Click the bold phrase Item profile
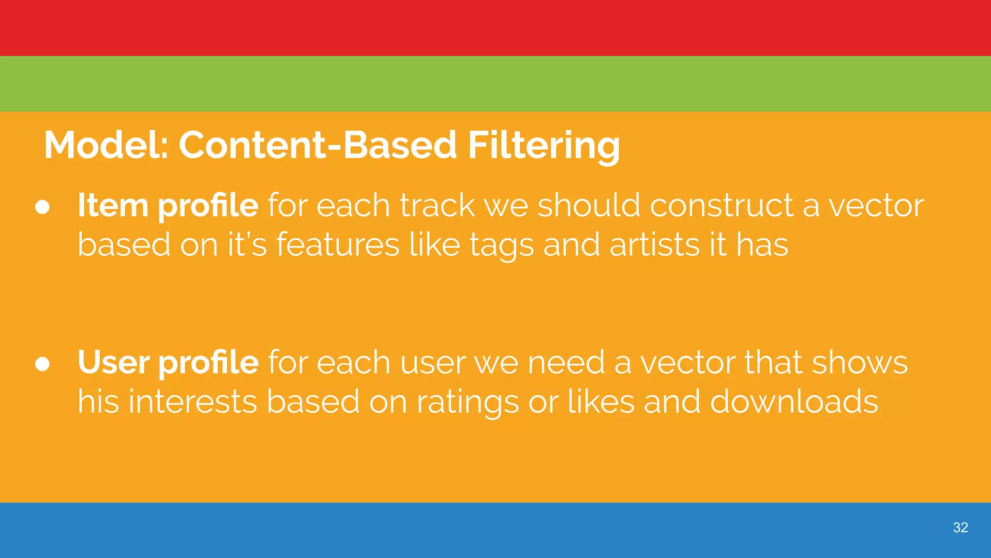coord(168,205)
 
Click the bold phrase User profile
coord(168,362)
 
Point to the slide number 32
coord(960,527)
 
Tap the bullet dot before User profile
coord(43,364)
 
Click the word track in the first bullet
coord(437,205)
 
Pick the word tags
coord(501,245)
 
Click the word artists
coord(654,244)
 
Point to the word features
coord(338,244)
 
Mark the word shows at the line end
coord(859,362)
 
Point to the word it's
coord(247,244)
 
